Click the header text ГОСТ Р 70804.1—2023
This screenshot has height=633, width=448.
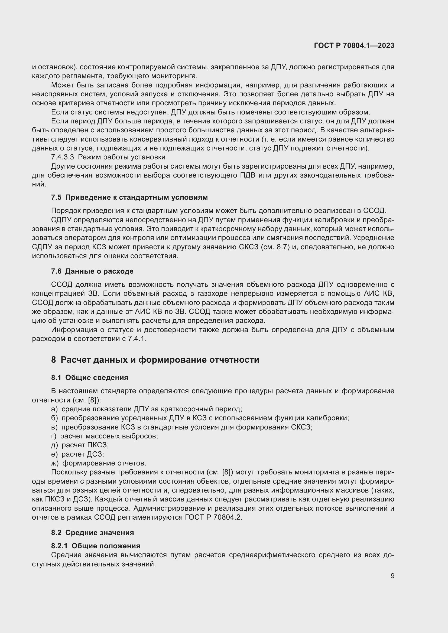(x=354, y=46)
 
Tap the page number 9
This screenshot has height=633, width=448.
(x=392, y=576)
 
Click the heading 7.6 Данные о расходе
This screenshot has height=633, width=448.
(x=92, y=271)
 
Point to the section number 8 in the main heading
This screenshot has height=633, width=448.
(x=53, y=360)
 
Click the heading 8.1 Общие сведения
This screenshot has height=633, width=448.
(x=89, y=378)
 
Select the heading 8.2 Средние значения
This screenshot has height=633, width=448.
(x=92, y=532)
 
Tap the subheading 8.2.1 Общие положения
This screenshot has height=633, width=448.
(x=95, y=546)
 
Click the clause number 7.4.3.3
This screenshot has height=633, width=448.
(x=62, y=157)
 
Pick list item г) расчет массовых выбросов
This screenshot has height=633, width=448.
(x=105, y=436)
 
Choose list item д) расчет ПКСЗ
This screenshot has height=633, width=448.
(x=80, y=445)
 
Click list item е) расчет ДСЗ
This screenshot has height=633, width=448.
(x=77, y=454)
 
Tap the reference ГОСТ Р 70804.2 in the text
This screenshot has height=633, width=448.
(x=213, y=517)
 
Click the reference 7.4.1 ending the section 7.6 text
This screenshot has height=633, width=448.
(x=137, y=339)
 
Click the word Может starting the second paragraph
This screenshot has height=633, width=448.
(x=60, y=85)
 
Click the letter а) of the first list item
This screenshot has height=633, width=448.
(x=54, y=409)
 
